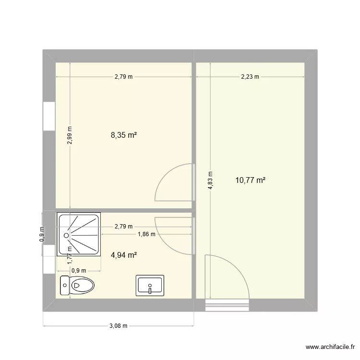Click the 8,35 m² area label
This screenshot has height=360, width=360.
point(124,135)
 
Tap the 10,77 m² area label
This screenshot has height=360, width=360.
point(251,180)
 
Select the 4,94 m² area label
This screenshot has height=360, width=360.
point(124,255)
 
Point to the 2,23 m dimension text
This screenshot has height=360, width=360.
point(250,76)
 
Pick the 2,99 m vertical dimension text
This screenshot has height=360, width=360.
point(70,135)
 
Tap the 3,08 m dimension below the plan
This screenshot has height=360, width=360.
point(118,326)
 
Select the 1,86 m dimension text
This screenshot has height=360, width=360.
point(146,234)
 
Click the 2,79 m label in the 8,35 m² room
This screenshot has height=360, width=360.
point(124,76)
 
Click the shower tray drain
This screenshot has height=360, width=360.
point(66,235)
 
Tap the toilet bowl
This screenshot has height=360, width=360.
point(81,286)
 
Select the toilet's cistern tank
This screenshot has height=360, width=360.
point(64,286)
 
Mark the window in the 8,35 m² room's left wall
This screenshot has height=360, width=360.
point(48,116)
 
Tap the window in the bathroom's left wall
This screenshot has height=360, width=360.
point(48,259)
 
